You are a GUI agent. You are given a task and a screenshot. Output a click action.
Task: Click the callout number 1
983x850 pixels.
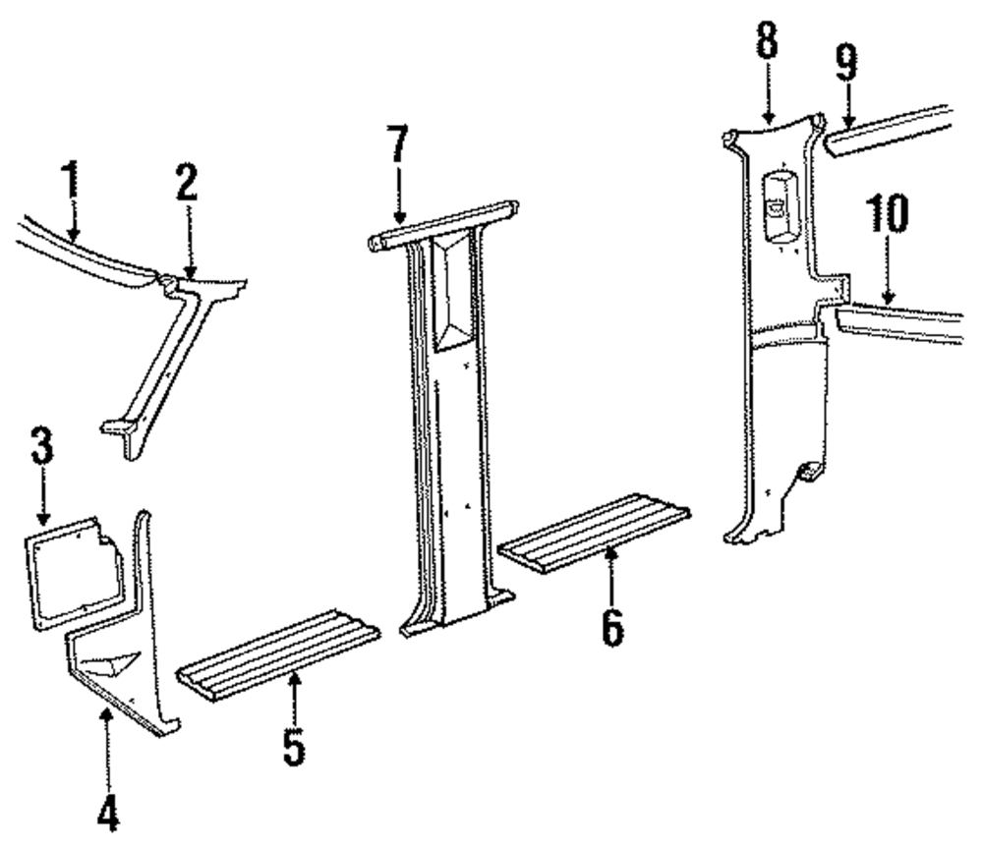tap(68, 182)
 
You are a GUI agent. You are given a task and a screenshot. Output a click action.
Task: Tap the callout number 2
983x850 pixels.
tap(187, 184)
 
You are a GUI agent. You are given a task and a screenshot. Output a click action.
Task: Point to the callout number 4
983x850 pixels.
tap(108, 814)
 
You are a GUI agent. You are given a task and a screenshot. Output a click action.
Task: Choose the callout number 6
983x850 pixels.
tap(611, 625)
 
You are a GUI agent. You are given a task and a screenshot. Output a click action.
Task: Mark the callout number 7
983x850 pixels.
tap(396, 147)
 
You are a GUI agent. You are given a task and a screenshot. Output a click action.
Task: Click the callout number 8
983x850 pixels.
tap(768, 41)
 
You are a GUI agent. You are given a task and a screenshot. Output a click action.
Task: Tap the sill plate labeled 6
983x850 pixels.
tap(595, 532)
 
